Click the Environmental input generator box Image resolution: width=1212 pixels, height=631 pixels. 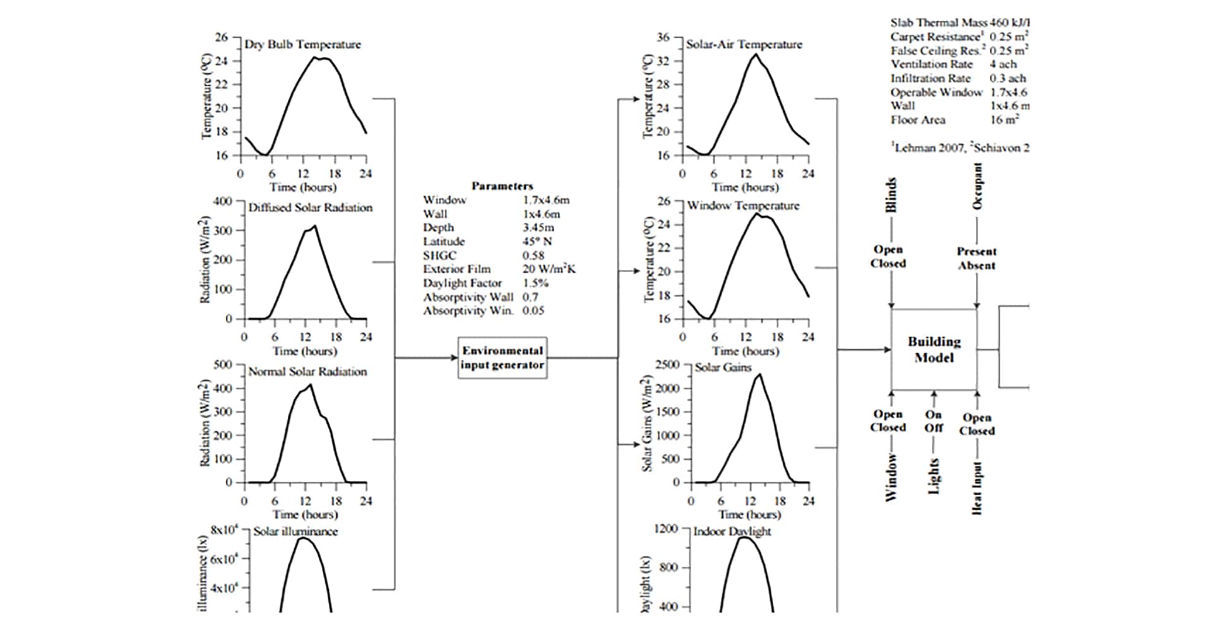tap(502, 358)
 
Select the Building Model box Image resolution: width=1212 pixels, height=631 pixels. tap(934, 350)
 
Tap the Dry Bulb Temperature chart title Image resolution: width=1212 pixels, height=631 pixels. tap(303, 45)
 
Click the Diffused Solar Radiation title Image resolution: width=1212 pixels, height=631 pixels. tap(310, 208)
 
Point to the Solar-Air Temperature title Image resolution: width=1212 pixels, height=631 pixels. tap(744, 45)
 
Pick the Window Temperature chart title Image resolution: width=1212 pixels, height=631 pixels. tap(743, 206)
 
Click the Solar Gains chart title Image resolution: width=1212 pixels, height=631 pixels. tap(723, 367)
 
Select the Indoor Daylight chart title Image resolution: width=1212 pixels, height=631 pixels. tap(732, 531)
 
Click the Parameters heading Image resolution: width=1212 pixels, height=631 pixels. tap(502, 186)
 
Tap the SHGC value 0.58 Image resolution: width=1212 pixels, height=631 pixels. tap(533, 256)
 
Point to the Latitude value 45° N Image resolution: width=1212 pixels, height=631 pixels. tap(538, 242)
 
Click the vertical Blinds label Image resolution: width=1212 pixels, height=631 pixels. tap(891, 196)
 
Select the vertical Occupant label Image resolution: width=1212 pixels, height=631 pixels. tap(978, 187)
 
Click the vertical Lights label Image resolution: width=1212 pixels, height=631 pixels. tap(934, 476)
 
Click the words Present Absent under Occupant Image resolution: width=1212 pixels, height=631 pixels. tap(977, 258)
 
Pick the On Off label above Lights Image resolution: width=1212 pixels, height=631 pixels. tap(934, 421)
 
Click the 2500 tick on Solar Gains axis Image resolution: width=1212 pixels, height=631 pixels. tap(667, 365)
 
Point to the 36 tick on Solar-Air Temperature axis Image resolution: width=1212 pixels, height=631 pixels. tap(663, 37)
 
